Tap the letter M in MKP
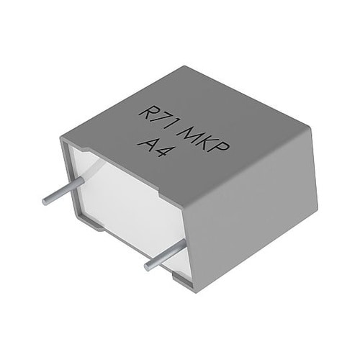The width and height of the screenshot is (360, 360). pyautogui.click(x=189, y=135)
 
